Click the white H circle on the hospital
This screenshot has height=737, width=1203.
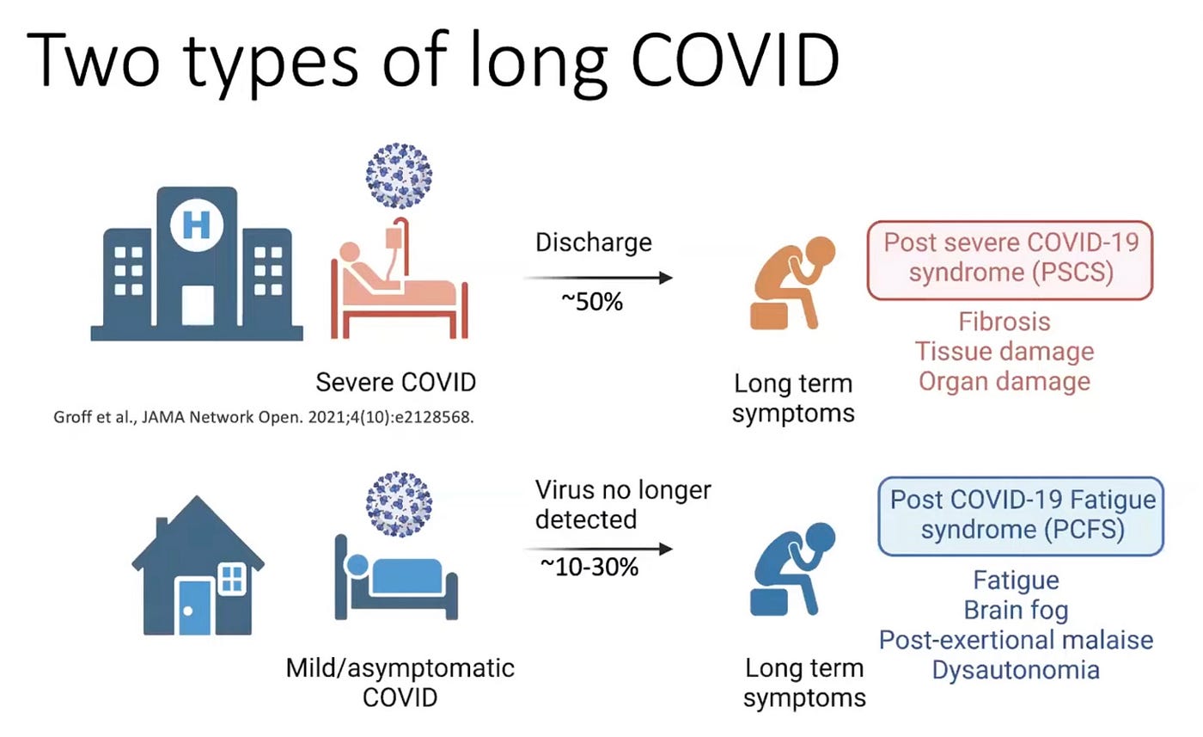197,225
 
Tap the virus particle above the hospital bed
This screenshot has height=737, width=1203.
399,175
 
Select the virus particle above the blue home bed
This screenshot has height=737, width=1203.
399,504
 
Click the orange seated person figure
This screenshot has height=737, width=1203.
792,283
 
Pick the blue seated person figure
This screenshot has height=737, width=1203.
792,568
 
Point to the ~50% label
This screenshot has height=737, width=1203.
592,302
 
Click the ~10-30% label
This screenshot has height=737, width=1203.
589,567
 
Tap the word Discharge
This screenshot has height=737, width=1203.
594,243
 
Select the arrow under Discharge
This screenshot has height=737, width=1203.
598,278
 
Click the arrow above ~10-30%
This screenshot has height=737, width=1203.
598,549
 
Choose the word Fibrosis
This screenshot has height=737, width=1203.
1005,322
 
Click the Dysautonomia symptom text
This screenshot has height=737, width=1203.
1016,670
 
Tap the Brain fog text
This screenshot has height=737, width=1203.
1016,611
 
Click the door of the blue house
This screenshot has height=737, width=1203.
194,607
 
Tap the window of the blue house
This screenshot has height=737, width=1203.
232,579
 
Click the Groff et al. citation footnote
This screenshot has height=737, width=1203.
264,417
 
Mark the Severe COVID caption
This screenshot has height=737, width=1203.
396,382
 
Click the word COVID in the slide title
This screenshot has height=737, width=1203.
736,59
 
